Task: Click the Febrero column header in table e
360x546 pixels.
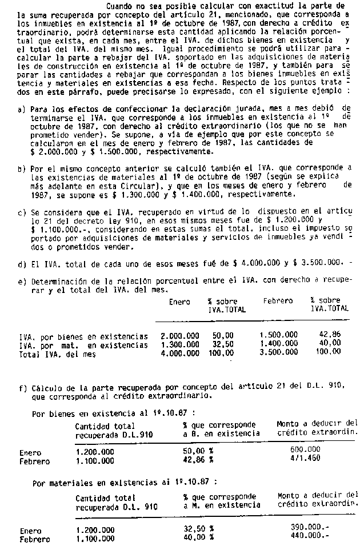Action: (278, 301)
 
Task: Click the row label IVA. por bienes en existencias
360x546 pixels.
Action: (83, 336)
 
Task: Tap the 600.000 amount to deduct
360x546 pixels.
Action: (306, 449)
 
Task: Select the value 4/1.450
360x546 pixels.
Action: (306, 458)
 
